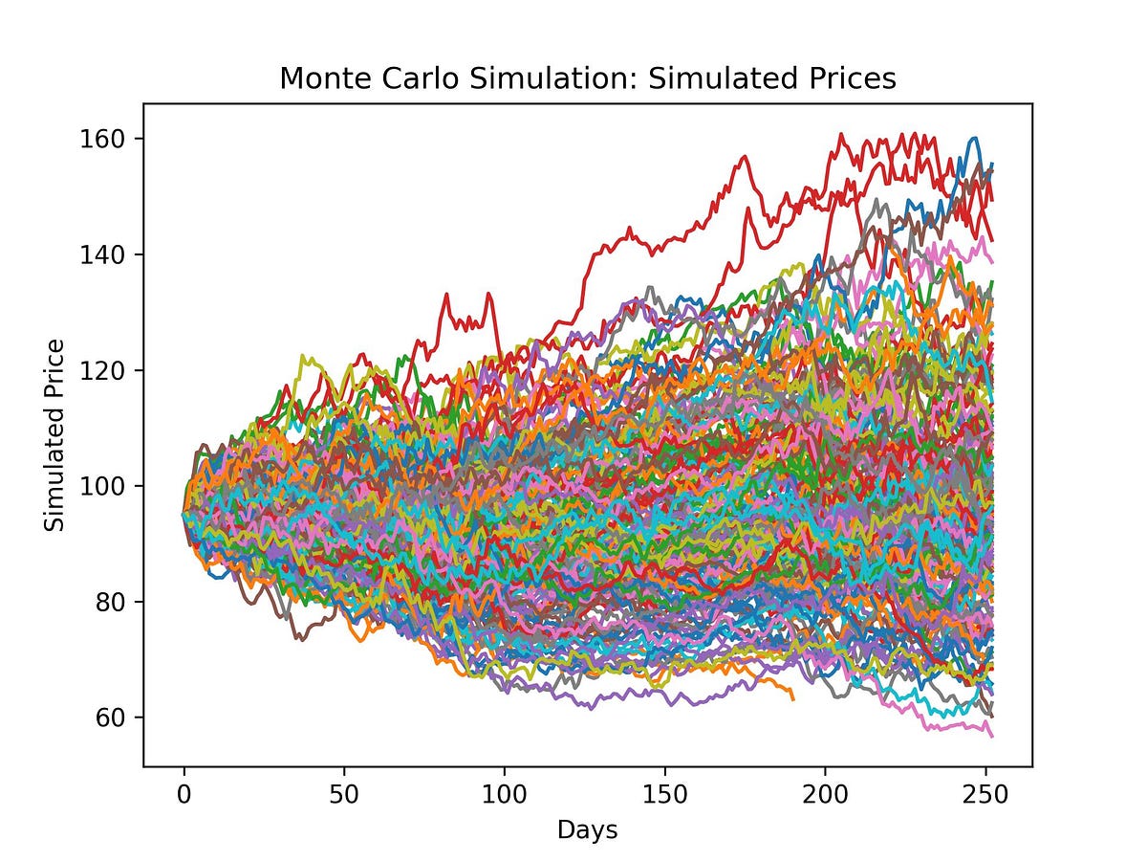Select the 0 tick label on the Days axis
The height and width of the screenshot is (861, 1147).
pos(184,793)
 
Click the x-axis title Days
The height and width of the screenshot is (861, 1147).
pos(588,829)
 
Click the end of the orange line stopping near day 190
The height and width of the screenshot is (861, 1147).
pos(792,698)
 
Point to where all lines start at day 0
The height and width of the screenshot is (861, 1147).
pos(184,515)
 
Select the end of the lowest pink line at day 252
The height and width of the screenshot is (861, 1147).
pos(992,736)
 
